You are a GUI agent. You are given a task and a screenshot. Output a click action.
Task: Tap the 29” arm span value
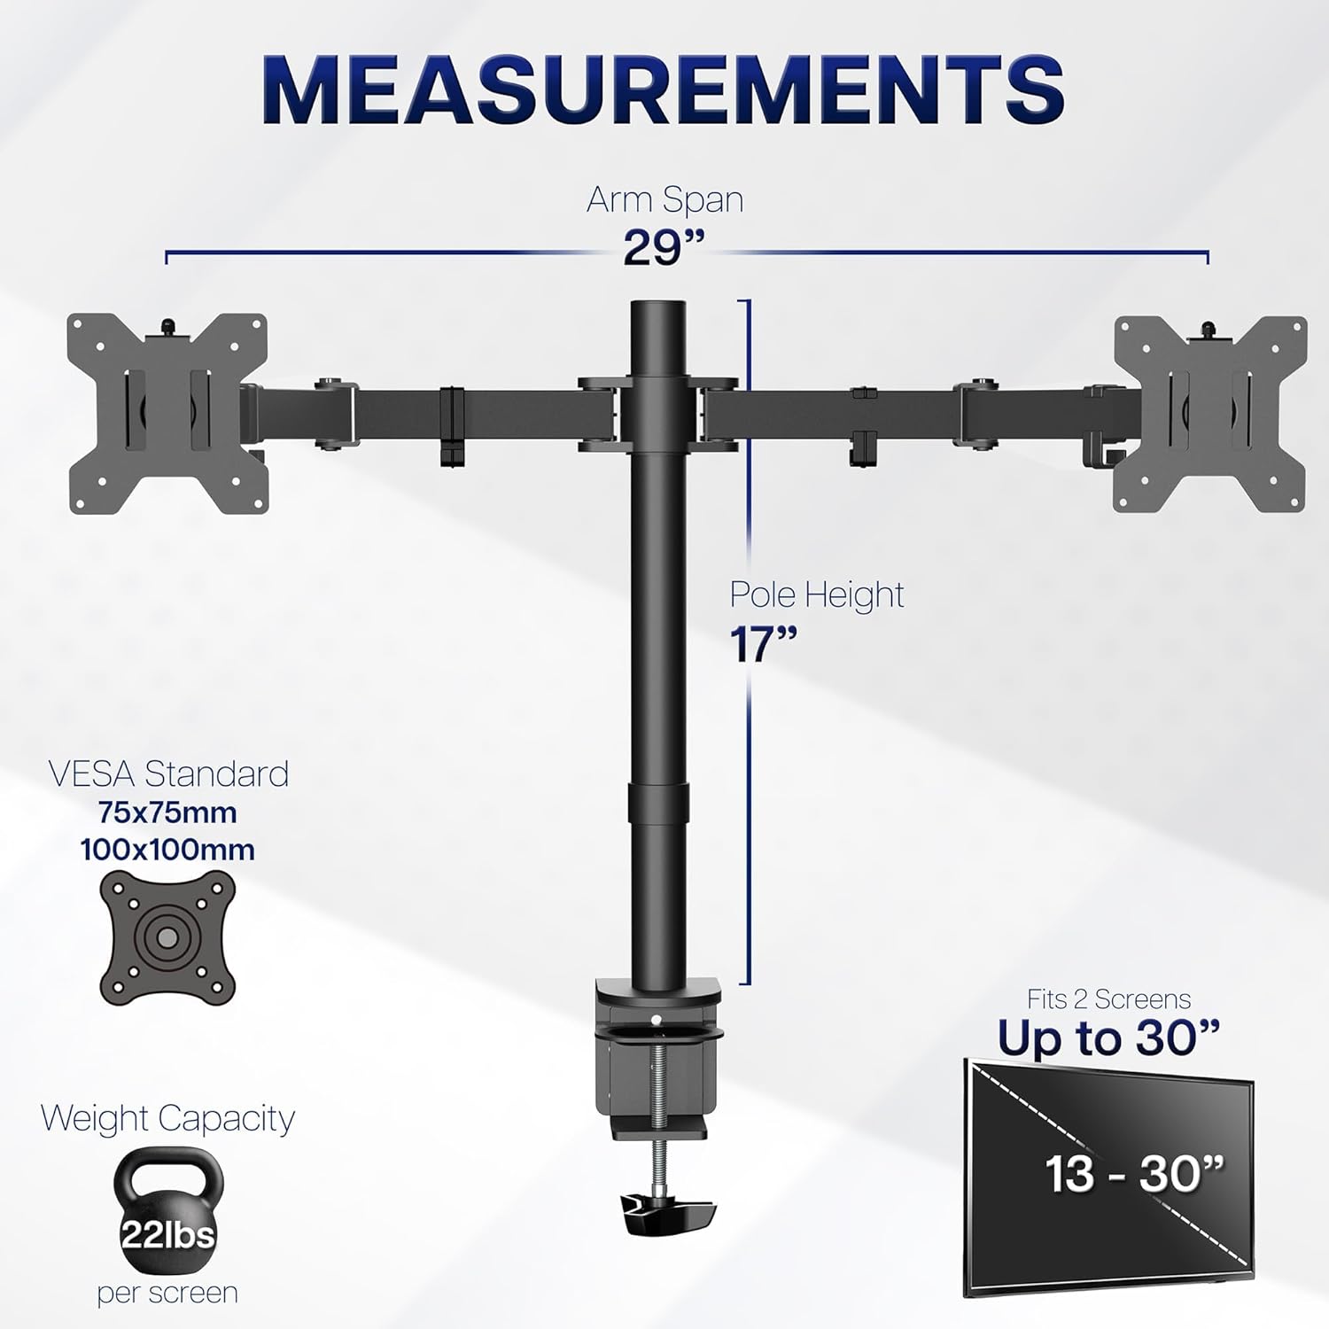click(663, 247)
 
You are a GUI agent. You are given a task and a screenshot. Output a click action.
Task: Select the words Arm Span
click(664, 199)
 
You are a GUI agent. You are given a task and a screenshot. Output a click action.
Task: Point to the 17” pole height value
click(764, 644)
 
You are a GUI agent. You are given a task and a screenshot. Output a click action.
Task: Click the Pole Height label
click(817, 595)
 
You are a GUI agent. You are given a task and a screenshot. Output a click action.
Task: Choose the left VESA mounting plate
click(167, 413)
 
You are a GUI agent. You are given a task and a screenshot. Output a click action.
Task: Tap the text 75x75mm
click(167, 812)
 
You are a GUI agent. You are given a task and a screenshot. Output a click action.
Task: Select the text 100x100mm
click(167, 850)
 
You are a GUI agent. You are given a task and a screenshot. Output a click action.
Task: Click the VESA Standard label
click(168, 773)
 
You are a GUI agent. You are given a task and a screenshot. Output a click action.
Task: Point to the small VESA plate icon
click(167, 936)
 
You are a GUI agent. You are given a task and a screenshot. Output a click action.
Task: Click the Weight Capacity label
click(167, 1118)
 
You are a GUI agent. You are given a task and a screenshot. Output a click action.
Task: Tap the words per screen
click(167, 1293)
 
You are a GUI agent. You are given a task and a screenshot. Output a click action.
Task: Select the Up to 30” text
click(1108, 1038)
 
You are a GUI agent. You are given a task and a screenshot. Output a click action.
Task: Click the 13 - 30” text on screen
click(1135, 1173)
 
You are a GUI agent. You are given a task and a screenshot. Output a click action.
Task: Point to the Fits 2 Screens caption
click(1108, 999)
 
